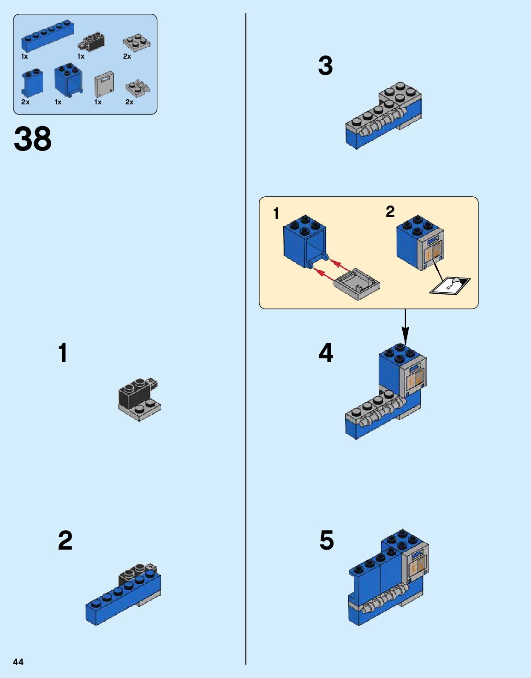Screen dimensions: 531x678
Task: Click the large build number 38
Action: tap(33, 139)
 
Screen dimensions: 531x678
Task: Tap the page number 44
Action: tap(18, 662)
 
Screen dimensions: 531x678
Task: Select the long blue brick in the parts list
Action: tap(47, 36)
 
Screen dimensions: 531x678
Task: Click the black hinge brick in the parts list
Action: tap(92, 42)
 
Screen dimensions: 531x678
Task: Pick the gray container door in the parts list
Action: tap(104, 84)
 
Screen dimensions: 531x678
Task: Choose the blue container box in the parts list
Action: tap(69, 80)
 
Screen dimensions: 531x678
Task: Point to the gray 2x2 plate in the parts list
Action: tap(137, 42)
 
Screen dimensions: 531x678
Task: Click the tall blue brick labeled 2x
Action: tap(32, 83)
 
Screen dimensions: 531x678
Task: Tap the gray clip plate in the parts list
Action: tap(138, 87)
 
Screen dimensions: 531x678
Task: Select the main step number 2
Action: tap(65, 540)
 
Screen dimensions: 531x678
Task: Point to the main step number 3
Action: tap(325, 66)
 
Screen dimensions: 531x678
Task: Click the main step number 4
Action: tap(326, 353)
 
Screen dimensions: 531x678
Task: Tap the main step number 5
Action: tap(327, 540)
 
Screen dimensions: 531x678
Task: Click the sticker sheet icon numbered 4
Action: tap(450, 285)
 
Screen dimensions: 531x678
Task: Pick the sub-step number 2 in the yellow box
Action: tap(390, 212)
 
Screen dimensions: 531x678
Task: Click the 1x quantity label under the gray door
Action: tap(98, 102)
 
